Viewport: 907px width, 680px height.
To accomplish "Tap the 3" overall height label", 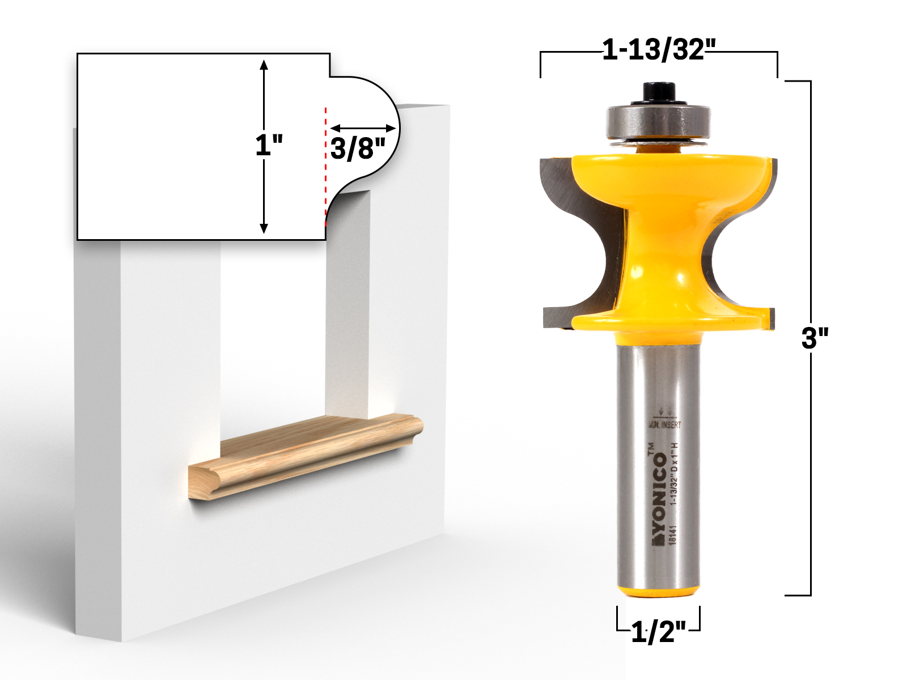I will coord(815,338).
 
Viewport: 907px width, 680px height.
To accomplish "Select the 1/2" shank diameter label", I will coord(658,631).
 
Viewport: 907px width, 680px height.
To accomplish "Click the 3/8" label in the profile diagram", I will coord(357,148).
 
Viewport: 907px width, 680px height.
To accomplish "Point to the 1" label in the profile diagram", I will coord(268,146).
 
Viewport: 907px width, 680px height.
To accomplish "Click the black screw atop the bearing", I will coord(659,93).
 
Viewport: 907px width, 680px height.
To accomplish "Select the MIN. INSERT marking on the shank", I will coord(664,424).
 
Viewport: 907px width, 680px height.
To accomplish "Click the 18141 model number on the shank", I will coord(673,535).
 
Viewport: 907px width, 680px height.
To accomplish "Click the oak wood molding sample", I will coord(306,456).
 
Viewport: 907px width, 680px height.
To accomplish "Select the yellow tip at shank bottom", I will coord(658,591).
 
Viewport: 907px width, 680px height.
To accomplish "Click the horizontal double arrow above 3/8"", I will coord(363,129).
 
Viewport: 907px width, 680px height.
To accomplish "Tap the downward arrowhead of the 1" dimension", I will coord(264,228).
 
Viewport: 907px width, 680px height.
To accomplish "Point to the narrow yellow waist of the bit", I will coord(658,244).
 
